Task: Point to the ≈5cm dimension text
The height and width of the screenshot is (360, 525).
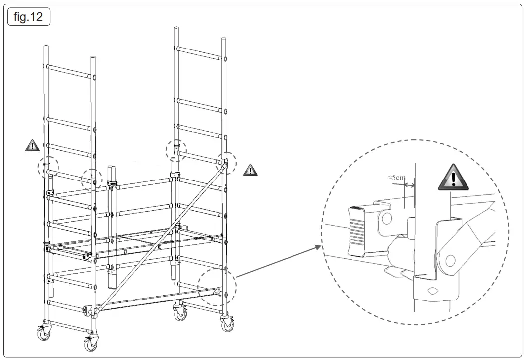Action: click(x=396, y=177)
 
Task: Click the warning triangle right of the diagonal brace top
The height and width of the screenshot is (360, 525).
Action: click(x=251, y=170)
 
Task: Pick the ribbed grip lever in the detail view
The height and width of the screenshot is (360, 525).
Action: click(x=359, y=231)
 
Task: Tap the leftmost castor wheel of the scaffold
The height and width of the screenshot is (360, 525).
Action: click(x=45, y=334)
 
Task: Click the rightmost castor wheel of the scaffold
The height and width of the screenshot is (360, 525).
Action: click(x=227, y=323)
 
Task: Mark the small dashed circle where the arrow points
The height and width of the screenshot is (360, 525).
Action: click(x=217, y=287)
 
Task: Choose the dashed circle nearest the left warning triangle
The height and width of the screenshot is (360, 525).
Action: click(x=48, y=167)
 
